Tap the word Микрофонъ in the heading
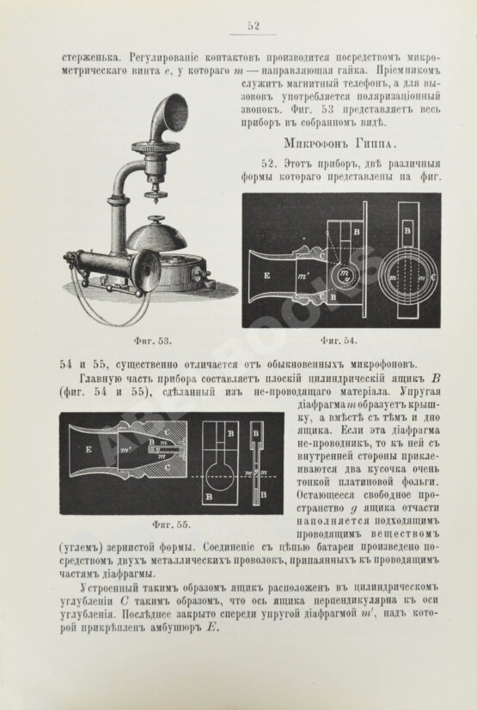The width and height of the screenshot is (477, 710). point(319,141)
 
